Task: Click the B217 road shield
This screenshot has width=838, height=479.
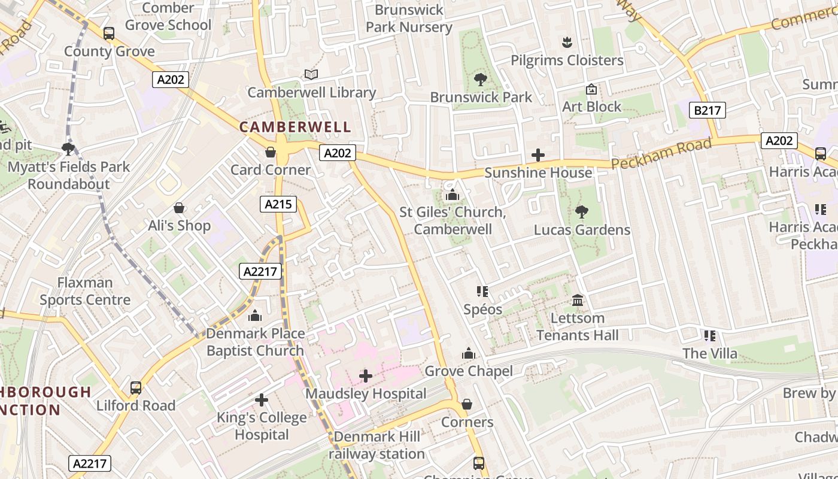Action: coord(709,110)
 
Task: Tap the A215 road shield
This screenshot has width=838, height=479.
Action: coord(279,204)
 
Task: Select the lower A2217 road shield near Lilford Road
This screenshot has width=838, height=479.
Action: coord(90,463)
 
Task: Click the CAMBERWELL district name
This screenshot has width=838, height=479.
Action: coord(295,127)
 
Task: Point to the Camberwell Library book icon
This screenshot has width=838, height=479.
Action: coord(311,75)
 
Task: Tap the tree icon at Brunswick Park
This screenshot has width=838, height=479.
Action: coord(480,79)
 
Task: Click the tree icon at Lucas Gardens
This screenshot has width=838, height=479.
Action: coord(581,212)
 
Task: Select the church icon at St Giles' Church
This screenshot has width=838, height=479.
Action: coord(453,195)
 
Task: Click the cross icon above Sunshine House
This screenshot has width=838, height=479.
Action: coord(538,155)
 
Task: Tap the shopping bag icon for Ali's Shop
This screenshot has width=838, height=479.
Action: coord(178,208)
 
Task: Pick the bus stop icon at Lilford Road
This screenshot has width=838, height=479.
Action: coord(136,388)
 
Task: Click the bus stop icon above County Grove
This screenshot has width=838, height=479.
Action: coord(108,34)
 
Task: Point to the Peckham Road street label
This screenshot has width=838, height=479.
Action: coord(662,154)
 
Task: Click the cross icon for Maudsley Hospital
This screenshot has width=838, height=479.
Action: coord(366,376)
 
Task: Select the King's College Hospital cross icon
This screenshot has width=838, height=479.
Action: coord(262,399)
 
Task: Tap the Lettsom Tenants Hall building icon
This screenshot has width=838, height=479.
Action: coord(578,300)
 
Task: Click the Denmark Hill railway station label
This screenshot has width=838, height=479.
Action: coord(377,445)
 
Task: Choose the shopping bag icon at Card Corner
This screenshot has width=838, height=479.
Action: coord(271,152)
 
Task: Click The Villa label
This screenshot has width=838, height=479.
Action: coord(710,353)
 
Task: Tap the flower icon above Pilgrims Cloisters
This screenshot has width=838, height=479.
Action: coord(567,43)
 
